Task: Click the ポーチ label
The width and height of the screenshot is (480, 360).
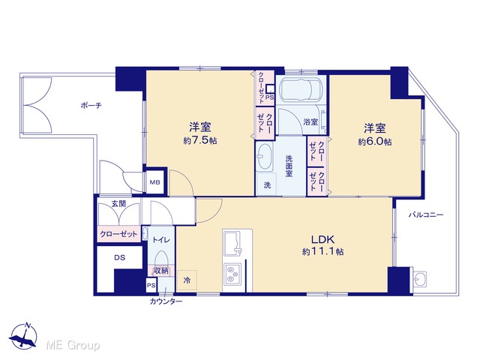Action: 91,106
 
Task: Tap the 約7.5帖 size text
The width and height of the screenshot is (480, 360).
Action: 200,140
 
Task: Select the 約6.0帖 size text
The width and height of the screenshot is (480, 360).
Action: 375,142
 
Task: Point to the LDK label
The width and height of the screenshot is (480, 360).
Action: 322,239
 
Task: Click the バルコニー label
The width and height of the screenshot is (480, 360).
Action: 426,215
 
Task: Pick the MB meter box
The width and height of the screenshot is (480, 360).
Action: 155,182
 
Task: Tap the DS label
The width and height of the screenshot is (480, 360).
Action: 120,258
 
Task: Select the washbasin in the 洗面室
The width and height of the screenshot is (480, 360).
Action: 264,157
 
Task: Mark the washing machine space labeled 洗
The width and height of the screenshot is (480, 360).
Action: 267,184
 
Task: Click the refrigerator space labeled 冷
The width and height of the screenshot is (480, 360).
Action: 187,280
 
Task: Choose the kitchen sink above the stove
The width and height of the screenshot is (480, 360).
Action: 232,243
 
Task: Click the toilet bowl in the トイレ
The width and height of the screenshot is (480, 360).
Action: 161,259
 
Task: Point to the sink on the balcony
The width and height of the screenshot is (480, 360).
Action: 420,279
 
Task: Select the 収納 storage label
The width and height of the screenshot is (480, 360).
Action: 161,271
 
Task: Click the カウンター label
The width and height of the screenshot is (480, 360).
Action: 166,301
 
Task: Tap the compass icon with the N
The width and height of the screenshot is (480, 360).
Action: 23,335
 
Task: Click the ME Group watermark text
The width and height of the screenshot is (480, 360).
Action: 73,346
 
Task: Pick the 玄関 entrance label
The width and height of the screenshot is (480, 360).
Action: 118,203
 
